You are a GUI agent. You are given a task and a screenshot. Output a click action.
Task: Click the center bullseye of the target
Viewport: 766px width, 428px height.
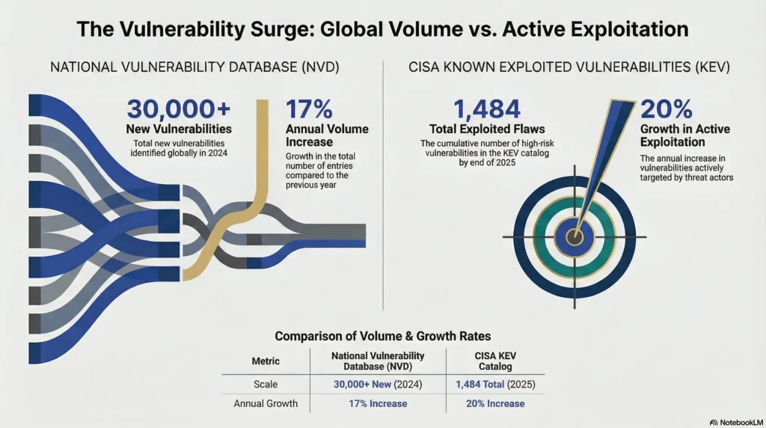pos(574,237)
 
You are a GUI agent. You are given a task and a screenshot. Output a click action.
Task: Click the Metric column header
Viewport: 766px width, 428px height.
pos(266,361)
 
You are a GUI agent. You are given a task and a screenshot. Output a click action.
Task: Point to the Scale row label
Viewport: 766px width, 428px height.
pos(266,383)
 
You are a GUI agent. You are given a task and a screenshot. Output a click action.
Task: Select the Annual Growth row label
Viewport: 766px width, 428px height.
pos(266,403)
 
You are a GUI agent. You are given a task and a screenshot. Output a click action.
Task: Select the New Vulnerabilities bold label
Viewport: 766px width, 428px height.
pos(178,129)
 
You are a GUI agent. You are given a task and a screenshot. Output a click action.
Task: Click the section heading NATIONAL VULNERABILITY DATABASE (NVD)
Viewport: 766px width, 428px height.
pos(194,67)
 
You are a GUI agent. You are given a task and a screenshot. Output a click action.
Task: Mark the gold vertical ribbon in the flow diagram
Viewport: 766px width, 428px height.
pos(262,150)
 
